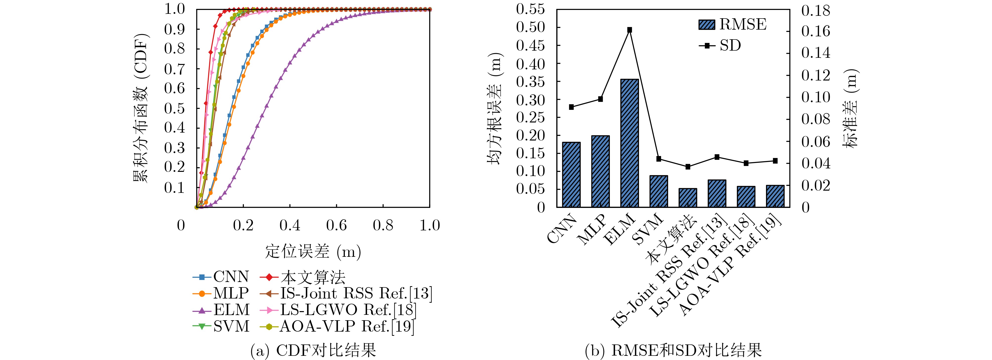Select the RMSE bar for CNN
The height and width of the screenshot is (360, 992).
tap(571, 175)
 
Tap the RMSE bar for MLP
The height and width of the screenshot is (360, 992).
tap(600, 172)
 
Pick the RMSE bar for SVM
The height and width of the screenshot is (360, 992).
tap(659, 191)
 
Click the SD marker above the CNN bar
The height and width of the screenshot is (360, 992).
tap(571, 107)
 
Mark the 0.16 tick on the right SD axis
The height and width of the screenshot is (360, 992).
tap(816, 32)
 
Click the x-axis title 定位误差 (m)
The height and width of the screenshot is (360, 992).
tap(313, 252)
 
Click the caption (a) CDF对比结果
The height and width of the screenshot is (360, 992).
tap(313, 350)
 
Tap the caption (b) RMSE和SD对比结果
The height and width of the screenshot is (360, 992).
tap(673, 350)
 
